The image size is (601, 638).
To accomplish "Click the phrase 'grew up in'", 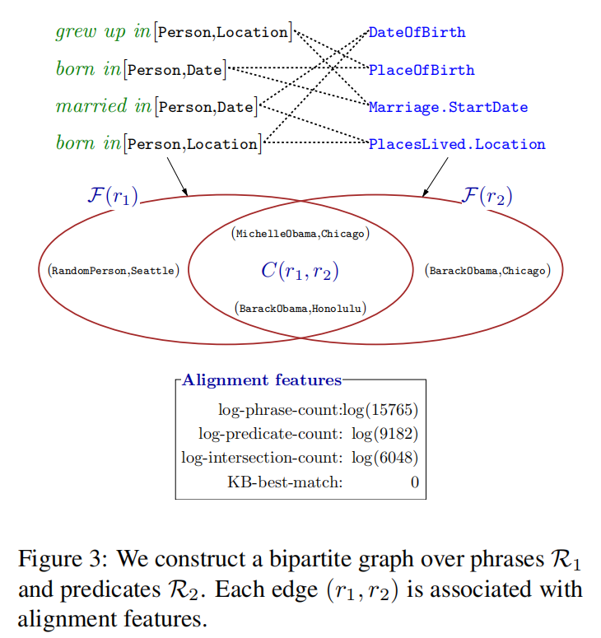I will (x=103, y=32).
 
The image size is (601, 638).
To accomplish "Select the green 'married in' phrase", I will (x=104, y=106).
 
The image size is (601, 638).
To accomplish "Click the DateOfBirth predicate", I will (x=417, y=33).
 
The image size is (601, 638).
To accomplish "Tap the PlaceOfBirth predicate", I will (x=422, y=70).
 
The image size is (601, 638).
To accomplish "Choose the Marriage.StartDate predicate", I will (x=448, y=107).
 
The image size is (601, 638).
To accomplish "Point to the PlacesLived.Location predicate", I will (x=457, y=144).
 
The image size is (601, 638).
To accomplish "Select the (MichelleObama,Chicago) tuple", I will (x=300, y=234).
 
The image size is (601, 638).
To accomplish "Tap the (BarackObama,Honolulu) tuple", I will (x=300, y=309).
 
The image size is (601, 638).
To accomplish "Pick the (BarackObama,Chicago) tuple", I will (x=488, y=270).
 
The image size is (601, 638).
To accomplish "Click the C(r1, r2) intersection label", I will (x=300, y=271).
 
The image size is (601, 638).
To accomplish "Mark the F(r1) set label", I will (x=112, y=196).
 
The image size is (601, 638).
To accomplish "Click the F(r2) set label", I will (x=487, y=196).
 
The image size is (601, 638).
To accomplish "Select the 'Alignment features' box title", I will (x=262, y=380).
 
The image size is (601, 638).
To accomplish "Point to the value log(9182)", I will (x=384, y=433).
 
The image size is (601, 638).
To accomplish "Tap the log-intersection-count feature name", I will (x=262, y=458).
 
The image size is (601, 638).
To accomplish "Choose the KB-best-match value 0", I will (x=414, y=482).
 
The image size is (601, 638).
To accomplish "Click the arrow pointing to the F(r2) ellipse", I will (x=435, y=177).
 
